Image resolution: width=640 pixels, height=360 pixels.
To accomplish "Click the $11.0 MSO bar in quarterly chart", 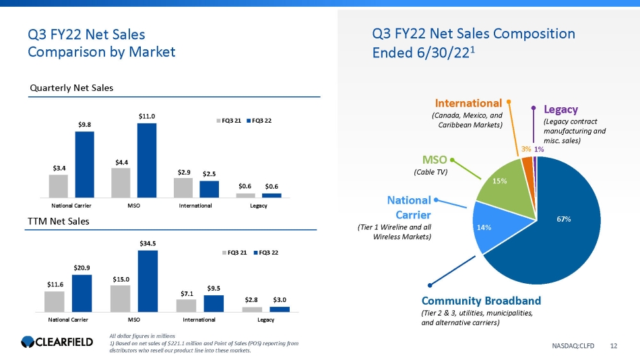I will [x=146, y=160].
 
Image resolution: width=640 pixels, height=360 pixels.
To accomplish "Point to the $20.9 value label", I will [x=82, y=268].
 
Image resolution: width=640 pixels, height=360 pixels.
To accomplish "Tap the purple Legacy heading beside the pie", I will [x=561, y=109].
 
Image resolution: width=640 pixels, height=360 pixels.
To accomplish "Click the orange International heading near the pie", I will [x=468, y=103].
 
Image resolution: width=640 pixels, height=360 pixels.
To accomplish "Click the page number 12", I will [x=613, y=346].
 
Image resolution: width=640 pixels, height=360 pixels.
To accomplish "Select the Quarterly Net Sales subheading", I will [x=71, y=88].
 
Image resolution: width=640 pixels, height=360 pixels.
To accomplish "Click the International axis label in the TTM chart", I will [x=199, y=319].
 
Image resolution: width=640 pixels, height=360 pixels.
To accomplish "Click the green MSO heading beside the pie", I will [x=434, y=160].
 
